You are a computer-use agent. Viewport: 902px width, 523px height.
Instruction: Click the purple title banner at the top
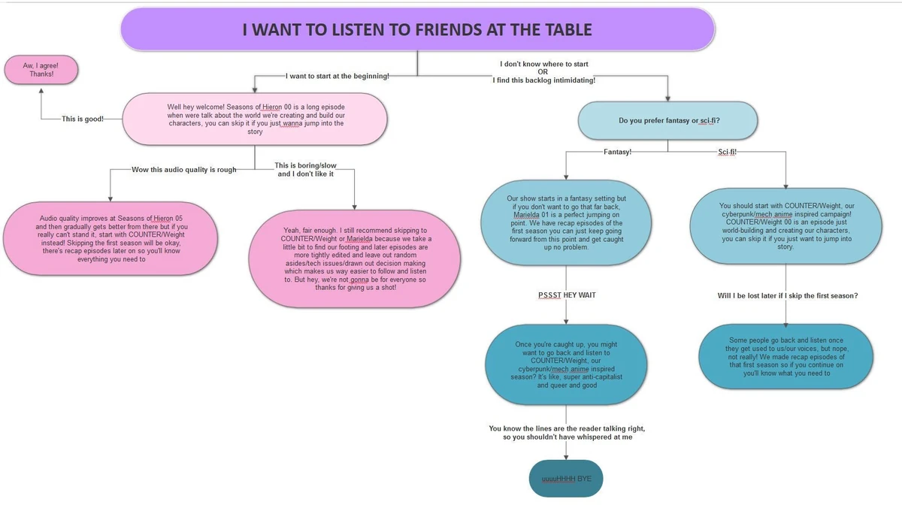coord(417,30)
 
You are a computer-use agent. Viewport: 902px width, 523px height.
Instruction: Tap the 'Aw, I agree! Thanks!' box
coord(42,69)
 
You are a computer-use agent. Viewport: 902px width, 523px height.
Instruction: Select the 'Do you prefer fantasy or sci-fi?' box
coord(668,120)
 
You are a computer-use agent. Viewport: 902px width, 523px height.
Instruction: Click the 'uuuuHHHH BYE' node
coord(566,479)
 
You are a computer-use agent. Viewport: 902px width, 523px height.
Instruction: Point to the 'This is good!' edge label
coord(83,119)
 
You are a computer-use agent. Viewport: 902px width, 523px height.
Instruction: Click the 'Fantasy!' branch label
coord(617,151)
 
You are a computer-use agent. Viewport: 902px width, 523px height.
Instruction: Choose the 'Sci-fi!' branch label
coord(727,151)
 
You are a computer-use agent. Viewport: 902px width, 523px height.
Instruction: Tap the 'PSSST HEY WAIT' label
coord(567,295)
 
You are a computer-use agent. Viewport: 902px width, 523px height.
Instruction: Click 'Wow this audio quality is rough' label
coord(183,170)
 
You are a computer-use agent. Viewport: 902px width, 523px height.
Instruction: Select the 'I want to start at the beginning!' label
coord(337,76)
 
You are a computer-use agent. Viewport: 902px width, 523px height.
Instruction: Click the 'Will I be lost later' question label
coord(787,295)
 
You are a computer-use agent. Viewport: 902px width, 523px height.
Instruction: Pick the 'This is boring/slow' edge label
coord(305,170)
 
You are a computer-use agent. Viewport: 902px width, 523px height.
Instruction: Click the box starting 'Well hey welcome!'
coord(256,119)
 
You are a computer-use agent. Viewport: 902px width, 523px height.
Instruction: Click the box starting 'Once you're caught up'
coord(566,364)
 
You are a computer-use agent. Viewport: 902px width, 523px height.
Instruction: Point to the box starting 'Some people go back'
coord(785,356)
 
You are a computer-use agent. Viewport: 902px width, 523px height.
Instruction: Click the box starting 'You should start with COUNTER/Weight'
coord(786,225)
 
